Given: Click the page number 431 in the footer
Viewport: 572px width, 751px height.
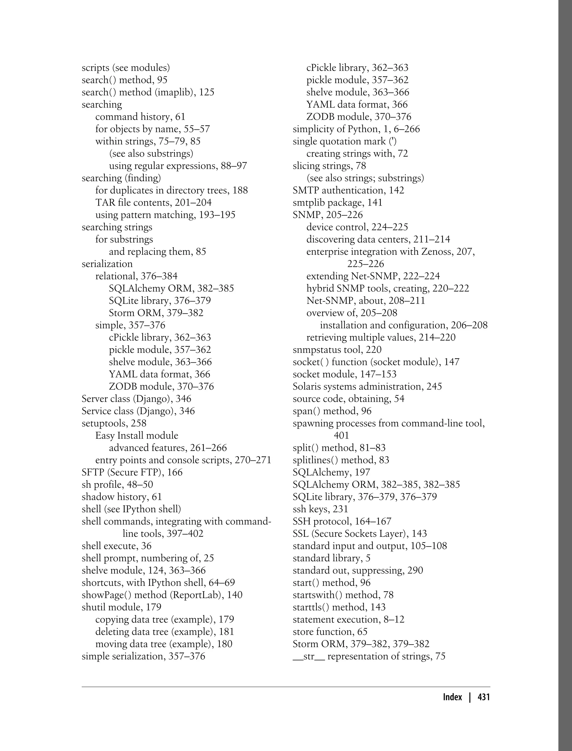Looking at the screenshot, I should (x=483, y=697).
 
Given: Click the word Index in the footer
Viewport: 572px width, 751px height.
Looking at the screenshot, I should (x=452, y=697).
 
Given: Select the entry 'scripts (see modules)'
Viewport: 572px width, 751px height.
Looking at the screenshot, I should (x=126, y=68).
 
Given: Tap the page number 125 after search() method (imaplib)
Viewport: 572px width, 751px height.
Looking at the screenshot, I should (x=207, y=92).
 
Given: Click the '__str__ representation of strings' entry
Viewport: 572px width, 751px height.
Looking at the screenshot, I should (x=361, y=656).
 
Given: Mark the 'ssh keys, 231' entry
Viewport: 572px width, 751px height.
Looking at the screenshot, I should (x=320, y=509).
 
